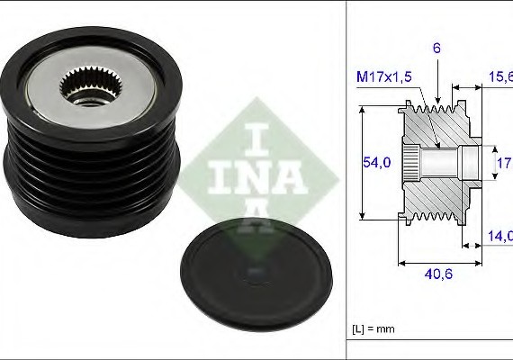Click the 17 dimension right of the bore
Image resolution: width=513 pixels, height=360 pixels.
click(504, 163)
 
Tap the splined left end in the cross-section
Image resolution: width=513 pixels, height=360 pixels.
click(409, 163)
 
